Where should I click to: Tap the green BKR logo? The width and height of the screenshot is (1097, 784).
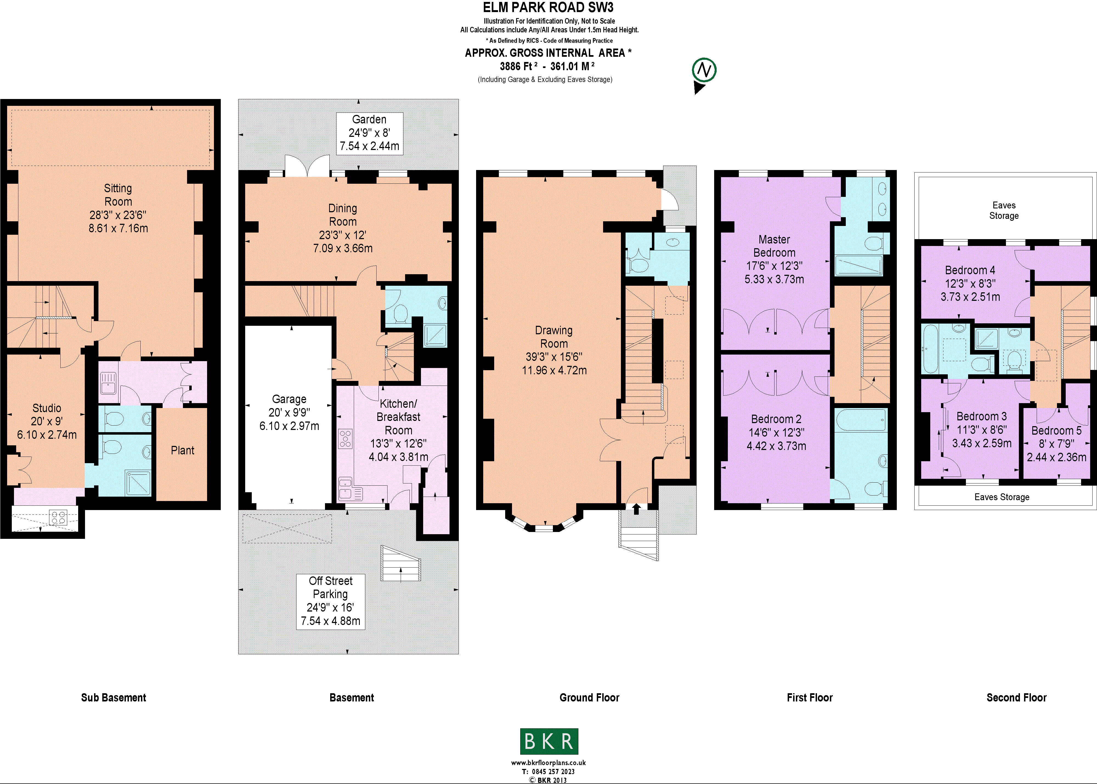click(x=549, y=741)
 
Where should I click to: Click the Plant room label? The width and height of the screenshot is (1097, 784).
click(x=182, y=451)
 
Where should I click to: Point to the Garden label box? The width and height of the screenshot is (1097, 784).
click(x=369, y=133)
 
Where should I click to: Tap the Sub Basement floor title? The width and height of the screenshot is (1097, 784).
click(x=114, y=698)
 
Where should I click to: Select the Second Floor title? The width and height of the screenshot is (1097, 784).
click(x=1016, y=698)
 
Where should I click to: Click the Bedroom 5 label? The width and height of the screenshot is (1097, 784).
click(x=1056, y=431)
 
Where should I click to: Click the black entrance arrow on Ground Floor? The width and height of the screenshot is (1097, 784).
click(x=636, y=508)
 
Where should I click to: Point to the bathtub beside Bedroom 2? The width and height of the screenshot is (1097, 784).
click(x=860, y=420)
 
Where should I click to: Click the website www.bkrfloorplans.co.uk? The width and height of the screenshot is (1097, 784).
click(x=548, y=763)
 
